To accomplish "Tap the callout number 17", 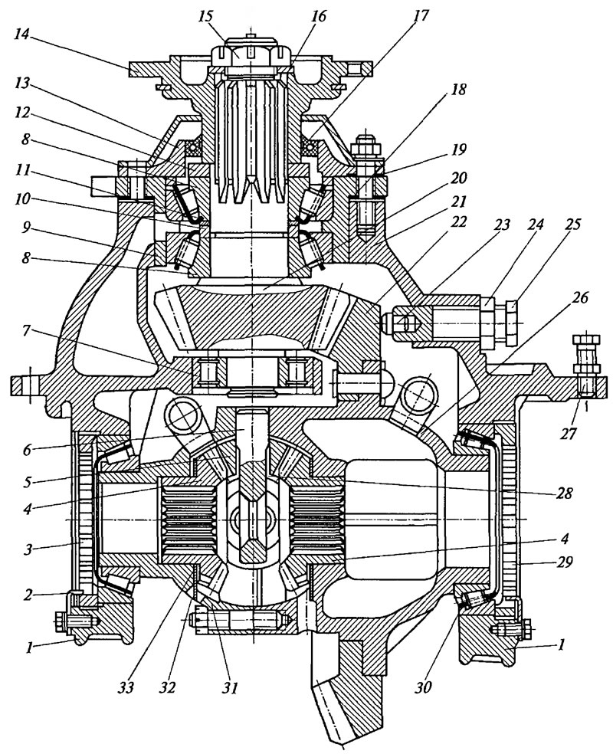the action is click(419, 16).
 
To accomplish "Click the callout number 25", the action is click(572, 224).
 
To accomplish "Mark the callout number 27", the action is click(569, 434).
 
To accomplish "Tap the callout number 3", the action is click(28, 549).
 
